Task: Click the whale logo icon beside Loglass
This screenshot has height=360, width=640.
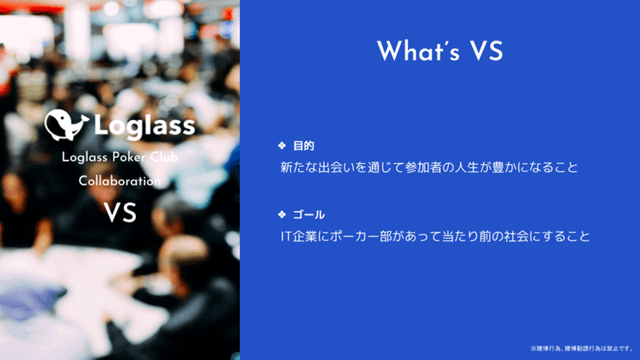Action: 66,125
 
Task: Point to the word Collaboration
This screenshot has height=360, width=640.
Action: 120,181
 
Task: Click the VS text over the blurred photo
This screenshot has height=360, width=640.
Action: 120,212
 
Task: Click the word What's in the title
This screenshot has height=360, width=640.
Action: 418,51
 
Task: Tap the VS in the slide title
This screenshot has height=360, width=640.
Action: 487,51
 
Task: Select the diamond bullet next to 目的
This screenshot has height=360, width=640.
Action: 282,146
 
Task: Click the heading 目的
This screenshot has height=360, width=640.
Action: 304,146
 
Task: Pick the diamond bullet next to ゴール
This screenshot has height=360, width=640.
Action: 282,214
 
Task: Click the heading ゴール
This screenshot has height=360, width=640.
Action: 309,215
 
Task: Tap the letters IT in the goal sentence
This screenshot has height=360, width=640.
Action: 286,236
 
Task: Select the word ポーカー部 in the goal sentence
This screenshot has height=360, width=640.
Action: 361,236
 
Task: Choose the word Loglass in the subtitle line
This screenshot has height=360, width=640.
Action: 84,157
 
